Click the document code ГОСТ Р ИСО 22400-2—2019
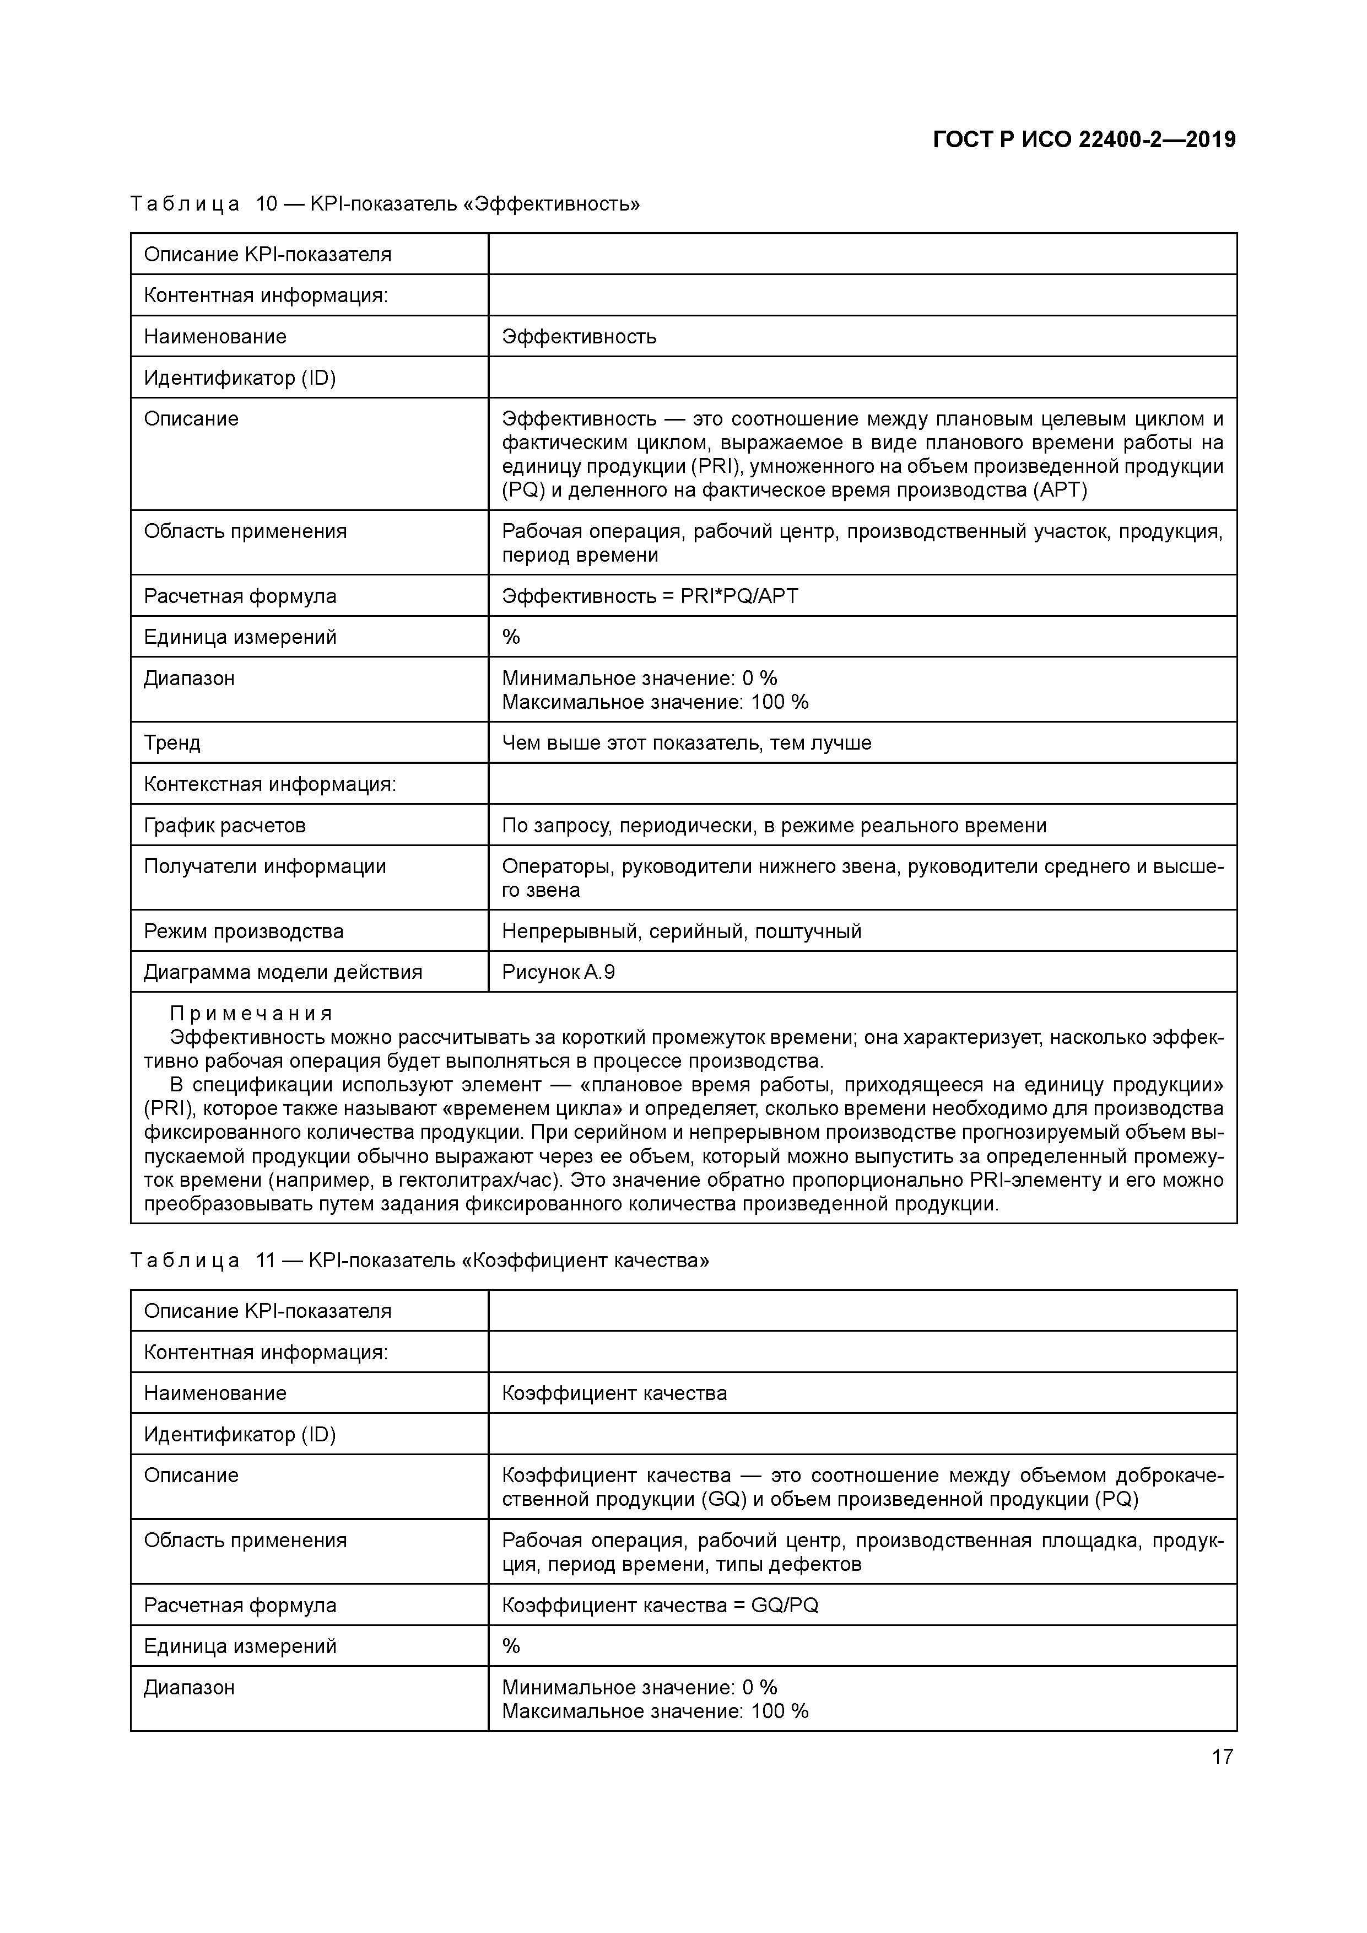[1084, 140]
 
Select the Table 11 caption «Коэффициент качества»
[419, 1261]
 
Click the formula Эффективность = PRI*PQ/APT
[650, 596]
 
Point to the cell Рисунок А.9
[558, 972]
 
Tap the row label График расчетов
[225, 826]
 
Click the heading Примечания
[251, 1014]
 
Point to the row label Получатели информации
[264, 867]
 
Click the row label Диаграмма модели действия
[283, 972]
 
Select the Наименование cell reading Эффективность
[579, 337]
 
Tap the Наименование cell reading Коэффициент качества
[614, 1393]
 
